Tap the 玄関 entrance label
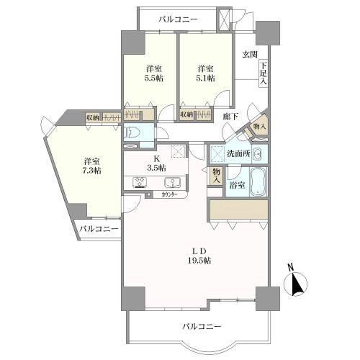pos(249,54)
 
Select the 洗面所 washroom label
pos(238,153)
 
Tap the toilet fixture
pos(135,132)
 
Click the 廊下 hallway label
pos(230,116)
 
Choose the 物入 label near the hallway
pos(260,127)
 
